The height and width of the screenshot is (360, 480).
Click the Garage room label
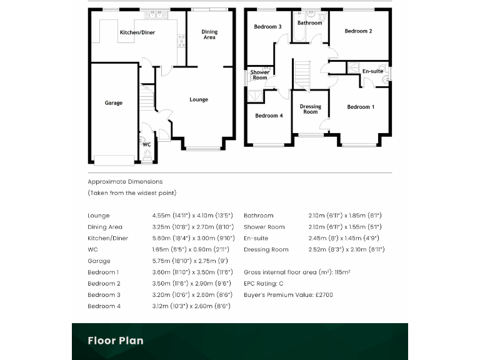tap(113, 103)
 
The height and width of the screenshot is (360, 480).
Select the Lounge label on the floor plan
tap(199, 99)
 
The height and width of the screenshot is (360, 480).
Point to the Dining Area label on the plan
tap(209, 34)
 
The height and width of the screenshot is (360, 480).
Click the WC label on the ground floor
tap(147, 144)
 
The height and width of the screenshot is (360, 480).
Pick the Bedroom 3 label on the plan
tap(267, 27)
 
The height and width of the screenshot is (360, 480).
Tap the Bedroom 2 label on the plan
tap(358, 31)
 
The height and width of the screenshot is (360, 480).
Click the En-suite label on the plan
tap(372, 71)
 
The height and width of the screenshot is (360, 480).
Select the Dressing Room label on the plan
tap(310, 109)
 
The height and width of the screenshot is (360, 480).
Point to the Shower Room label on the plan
tap(260, 74)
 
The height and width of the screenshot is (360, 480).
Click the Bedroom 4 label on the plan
tap(269, 116)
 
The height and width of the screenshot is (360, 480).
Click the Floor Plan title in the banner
tap(115, 341)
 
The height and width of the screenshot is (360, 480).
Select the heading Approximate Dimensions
tap(125, 181)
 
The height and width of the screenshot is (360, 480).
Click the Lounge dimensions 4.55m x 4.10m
tap(192, 216)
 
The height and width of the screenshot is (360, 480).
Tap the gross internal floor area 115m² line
tap(297, 272)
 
